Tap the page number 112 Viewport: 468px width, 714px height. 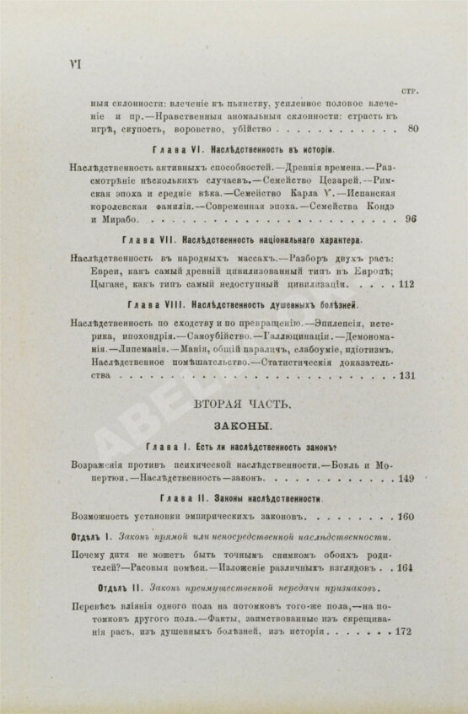pyautogui.click(x=408, y=284)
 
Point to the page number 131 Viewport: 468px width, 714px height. pyautogui.click(x=408, y=377)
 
